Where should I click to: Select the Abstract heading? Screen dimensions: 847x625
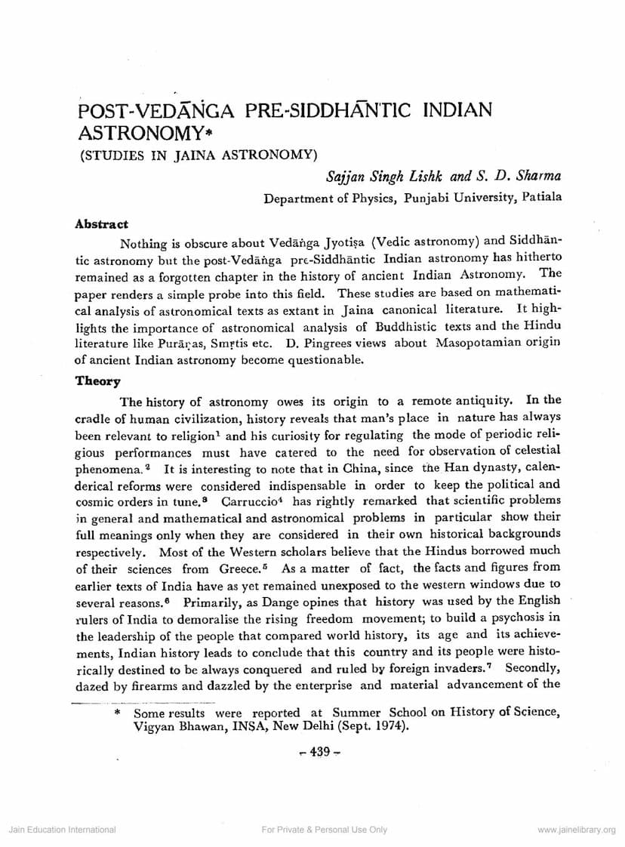point(102,224)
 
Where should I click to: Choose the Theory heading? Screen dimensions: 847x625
point(97,381)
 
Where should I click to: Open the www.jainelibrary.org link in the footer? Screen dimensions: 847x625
point(577,830)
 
